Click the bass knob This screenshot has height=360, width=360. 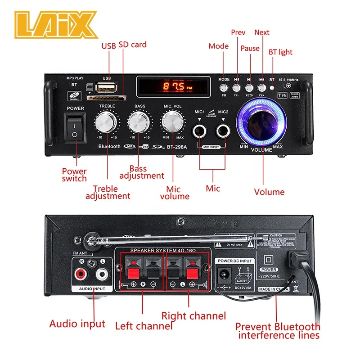(139, 121)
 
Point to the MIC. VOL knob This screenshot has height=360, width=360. (173, 121)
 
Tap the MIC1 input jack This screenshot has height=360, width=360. (199, 131)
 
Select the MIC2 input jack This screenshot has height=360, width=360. (223, 131)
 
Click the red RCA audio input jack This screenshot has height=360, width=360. (81, 273)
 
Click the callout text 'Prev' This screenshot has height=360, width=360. (238, 32)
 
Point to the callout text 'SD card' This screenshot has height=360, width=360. (133, 45)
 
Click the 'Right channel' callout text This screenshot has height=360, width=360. (193, 316)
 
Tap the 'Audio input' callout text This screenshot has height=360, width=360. (77, 323)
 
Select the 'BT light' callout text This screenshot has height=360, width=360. (280, 52)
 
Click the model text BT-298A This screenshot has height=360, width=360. (177, 146)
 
